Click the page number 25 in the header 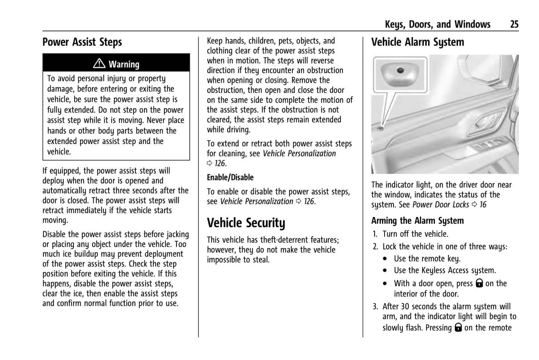[x=514, y=25]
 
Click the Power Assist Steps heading [x=82, y=42]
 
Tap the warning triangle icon [x=99, y=64]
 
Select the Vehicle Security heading [x=246, y=223]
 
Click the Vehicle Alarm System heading [x=417, y=42]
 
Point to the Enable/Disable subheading [x=230, y=178]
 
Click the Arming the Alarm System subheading [x=417, y=221]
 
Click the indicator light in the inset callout [x=400, y=70]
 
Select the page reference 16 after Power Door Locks [x=483, y=205]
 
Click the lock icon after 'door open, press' [x=479, y=283]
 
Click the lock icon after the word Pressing [x=458, y=328]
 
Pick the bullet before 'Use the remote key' [x=385, y=259]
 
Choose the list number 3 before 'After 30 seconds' [x=375, y=307]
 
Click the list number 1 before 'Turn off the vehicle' [x=375, y=234]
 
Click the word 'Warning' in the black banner [x=124, y=65]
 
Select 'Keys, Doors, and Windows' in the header [x=437, y=25]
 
